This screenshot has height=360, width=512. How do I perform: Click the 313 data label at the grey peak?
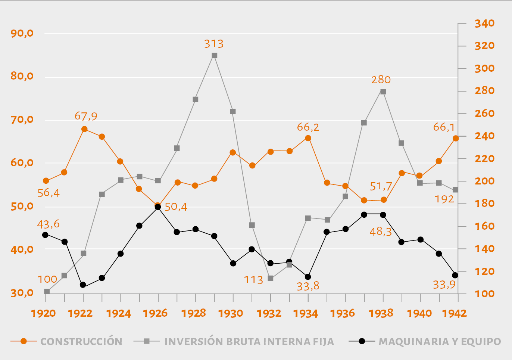tap(214, 44)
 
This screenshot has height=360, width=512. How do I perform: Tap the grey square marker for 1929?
tap(215, 56)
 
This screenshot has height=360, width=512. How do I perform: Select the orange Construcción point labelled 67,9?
tap(84, 129)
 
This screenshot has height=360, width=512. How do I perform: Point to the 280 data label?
tap(381, 80)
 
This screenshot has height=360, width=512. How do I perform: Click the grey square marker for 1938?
tap(383, 91)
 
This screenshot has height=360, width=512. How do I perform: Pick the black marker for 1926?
tap(158, 207)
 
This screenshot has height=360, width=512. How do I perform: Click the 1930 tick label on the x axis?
tap(231, 313)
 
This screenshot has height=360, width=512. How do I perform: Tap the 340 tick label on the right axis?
tap(484, 24)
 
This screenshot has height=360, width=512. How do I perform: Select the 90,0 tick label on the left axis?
tap(22, 33)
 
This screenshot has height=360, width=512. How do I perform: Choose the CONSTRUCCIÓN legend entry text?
tap(81, 341)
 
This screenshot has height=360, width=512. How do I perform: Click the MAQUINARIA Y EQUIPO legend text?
tap(440, 341)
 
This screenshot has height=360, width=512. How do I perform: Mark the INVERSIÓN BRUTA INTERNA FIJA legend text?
tap(249, 341)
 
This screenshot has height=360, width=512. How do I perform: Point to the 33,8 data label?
tap(308, 286)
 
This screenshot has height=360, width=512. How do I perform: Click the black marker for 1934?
tap(308, 277)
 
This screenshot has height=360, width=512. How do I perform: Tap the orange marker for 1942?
tap(456, 139)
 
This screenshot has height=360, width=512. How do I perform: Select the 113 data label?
tap(253, 280)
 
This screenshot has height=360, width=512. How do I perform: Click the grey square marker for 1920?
tap(47, 291)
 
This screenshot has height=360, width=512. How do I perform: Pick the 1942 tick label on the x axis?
tap(455, 313)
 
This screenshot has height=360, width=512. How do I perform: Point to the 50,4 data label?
tap(176, 207)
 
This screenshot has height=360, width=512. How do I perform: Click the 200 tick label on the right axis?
tap(484, 181)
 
